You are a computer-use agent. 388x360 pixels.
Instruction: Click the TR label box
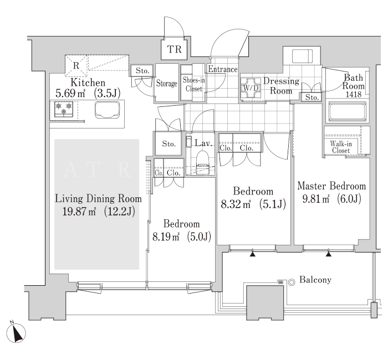[x=174, y=49]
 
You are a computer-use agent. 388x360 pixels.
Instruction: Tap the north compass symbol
[x=16, y=333]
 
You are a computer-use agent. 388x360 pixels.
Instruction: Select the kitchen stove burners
[x=64, y=109]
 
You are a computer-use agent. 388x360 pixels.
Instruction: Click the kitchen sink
[x=107, y=110]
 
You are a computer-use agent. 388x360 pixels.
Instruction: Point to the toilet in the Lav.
[x=203, y=163]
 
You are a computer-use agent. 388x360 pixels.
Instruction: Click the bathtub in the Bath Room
[x=348, y=112]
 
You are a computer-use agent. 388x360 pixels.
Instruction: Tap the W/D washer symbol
[x=251, y=88]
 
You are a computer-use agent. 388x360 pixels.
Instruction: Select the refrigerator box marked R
[x=76, y=66]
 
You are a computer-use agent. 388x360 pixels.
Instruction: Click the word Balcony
[x=315, y=280]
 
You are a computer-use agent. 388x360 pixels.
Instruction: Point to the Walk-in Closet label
[x=341, y=147]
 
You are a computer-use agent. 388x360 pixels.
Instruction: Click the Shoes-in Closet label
[x=194, y=84]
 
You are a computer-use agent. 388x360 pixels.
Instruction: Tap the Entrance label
[x=222, y=69]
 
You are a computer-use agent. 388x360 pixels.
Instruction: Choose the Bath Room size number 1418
[x=354, y=94]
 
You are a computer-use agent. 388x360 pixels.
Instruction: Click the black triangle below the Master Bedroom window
[x=328, y=254]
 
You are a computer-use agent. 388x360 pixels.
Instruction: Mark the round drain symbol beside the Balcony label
[x=292, y=282]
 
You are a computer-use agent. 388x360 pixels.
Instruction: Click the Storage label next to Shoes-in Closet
[x=166, y=83]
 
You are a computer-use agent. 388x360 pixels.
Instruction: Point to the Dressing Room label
[x=281, y=86]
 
